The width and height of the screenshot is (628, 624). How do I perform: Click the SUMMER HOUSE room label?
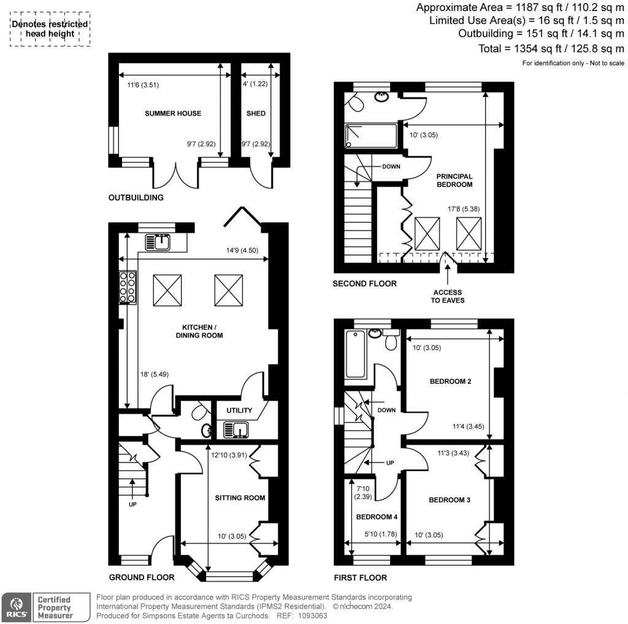(x=173, y=113)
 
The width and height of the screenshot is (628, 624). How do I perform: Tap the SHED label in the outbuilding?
(x=255, y=113)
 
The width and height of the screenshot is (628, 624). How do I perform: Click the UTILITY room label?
(x=239, y=410)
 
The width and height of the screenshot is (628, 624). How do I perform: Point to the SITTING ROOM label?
(x=240, y=498)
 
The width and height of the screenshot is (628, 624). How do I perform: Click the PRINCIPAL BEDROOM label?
(x=454, y=180)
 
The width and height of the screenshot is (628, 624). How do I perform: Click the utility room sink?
(x=236, y=430)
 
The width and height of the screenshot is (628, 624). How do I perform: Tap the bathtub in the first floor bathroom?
(x=355, y=354)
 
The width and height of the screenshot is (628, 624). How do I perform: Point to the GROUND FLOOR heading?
(x=142, y=577)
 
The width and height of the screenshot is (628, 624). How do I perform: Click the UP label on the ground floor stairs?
(x=132, y=504)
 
